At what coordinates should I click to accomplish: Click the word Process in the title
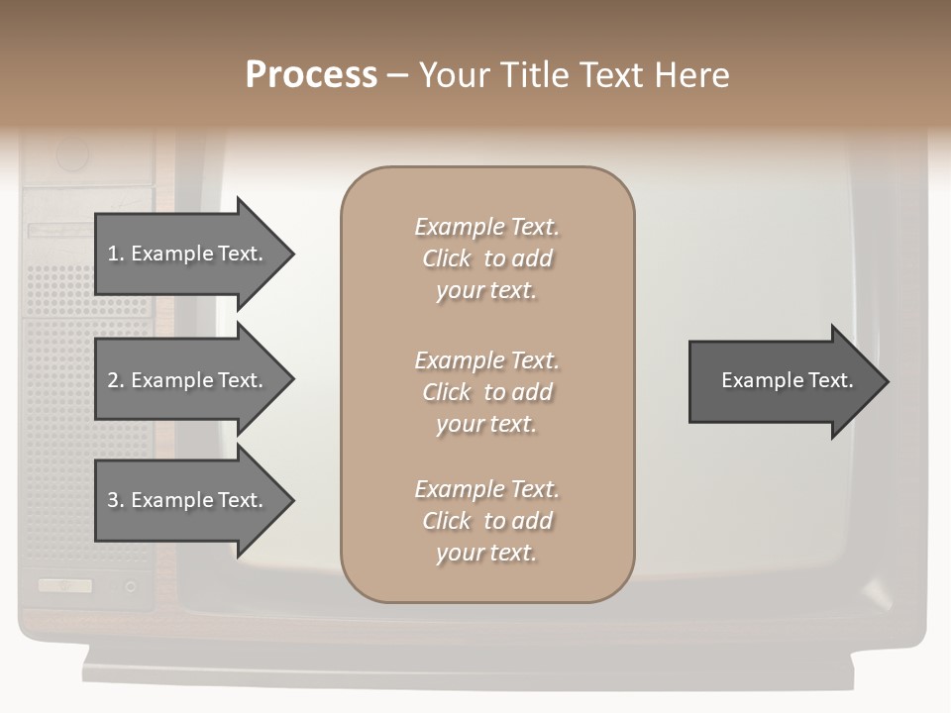(311, 75)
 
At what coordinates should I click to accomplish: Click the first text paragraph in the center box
(486, 258)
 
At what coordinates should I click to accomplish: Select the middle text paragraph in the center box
(486, 392)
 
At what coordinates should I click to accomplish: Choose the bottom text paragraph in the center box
(486, 521)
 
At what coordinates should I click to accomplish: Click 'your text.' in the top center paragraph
(486, 291)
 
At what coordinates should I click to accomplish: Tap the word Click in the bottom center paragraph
(446, 521)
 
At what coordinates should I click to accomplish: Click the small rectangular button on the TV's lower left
(65, 585)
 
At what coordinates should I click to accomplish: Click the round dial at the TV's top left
(72, 154)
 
